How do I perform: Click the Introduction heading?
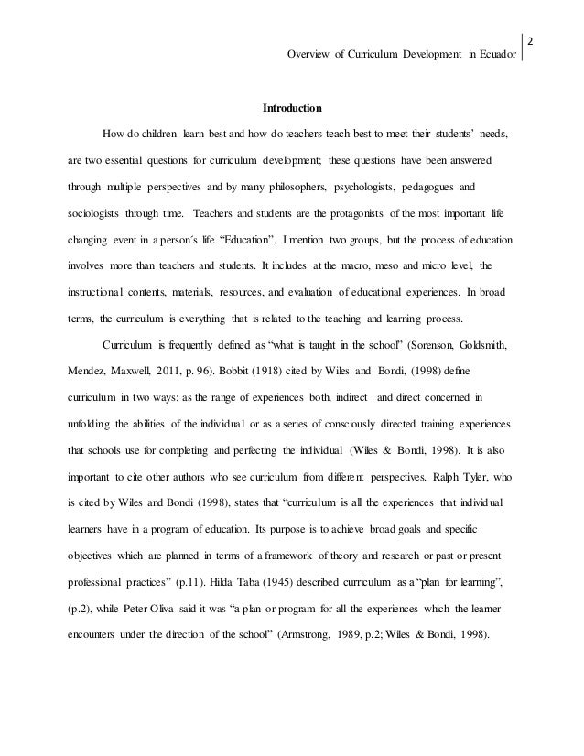(292, 107)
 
